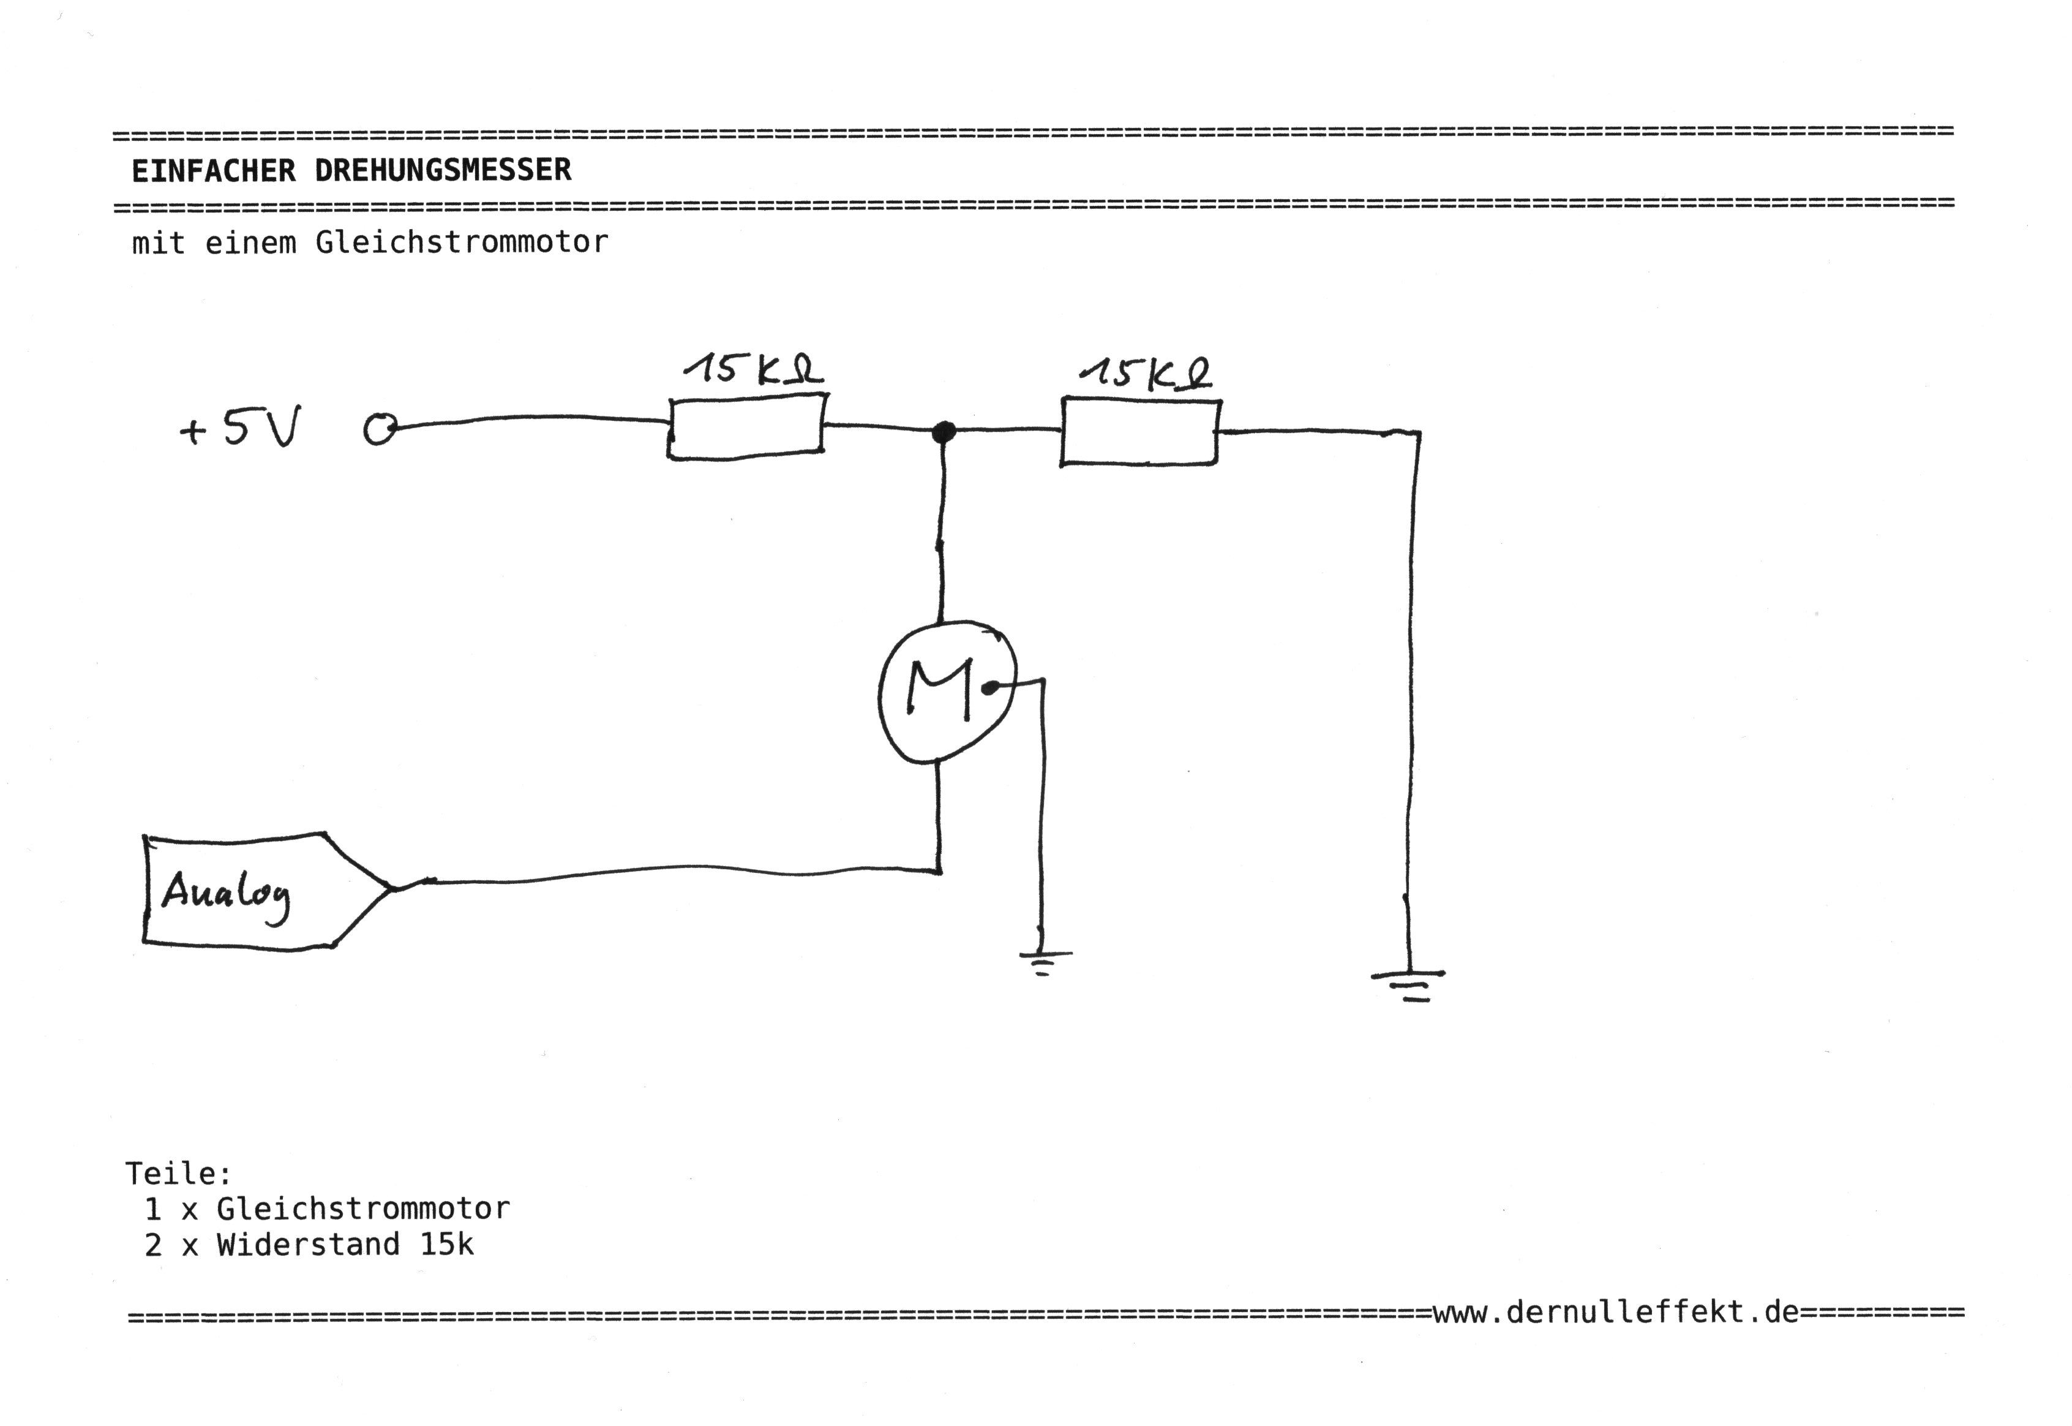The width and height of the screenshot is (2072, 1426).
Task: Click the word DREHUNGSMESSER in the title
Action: (443, 170)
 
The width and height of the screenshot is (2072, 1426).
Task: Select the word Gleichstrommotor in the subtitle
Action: (462, 242)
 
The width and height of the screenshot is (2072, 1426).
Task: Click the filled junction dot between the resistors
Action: (943, 432)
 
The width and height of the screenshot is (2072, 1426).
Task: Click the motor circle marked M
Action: (947, 692)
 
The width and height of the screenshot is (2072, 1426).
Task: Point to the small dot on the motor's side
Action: (989, 687)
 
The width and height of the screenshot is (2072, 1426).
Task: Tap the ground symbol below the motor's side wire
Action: (1043, 962)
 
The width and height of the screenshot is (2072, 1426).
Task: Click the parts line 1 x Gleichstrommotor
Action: (327, 1209)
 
